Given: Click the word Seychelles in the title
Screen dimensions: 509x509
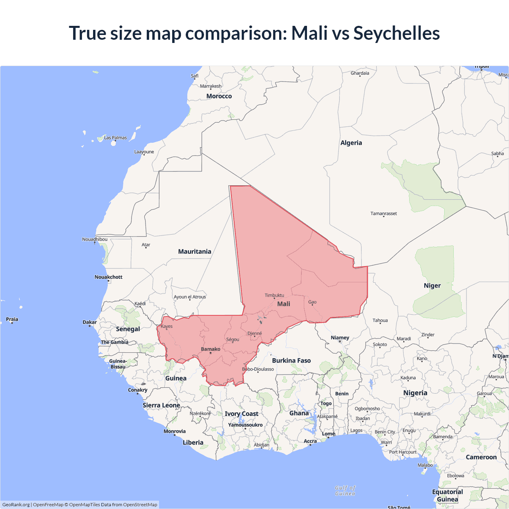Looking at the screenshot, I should (x=396, y=33).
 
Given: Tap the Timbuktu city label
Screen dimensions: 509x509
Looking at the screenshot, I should (x=274, y=295).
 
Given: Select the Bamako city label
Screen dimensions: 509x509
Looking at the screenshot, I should (x=210, y=349).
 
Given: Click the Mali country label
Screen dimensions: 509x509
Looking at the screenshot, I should (x=284, y=304).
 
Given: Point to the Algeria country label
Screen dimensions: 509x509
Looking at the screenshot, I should (x=351, y=143).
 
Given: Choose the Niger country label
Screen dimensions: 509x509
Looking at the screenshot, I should (x=432, y=286).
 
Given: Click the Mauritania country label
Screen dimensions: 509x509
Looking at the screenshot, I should (x=194, y=251).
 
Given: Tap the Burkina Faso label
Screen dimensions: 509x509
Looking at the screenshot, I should (x=291, y=360).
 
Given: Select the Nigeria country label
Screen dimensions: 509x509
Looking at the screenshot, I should (x=415, y=393).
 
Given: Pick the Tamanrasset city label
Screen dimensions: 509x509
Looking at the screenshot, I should (x=384, y=214).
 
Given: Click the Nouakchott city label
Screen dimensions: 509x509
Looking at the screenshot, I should (x=108, y=277).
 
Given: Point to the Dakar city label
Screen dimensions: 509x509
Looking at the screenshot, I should (x=89, y=322).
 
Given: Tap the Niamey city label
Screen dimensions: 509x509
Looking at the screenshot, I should (x=340, y=338).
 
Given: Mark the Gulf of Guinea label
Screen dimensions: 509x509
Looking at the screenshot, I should (x=345, y=490).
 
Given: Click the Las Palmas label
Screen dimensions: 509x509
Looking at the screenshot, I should (x=115, y=138).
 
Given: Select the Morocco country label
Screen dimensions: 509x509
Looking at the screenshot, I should (x=219, y=96).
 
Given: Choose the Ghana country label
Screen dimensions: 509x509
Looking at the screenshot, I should (x=299, y=413).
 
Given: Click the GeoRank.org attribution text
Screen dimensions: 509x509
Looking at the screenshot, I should (x=16, y=505).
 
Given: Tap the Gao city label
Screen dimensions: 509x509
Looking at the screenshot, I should (x=313, y=302).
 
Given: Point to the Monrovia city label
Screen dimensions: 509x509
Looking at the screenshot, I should (x=175, y=431).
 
